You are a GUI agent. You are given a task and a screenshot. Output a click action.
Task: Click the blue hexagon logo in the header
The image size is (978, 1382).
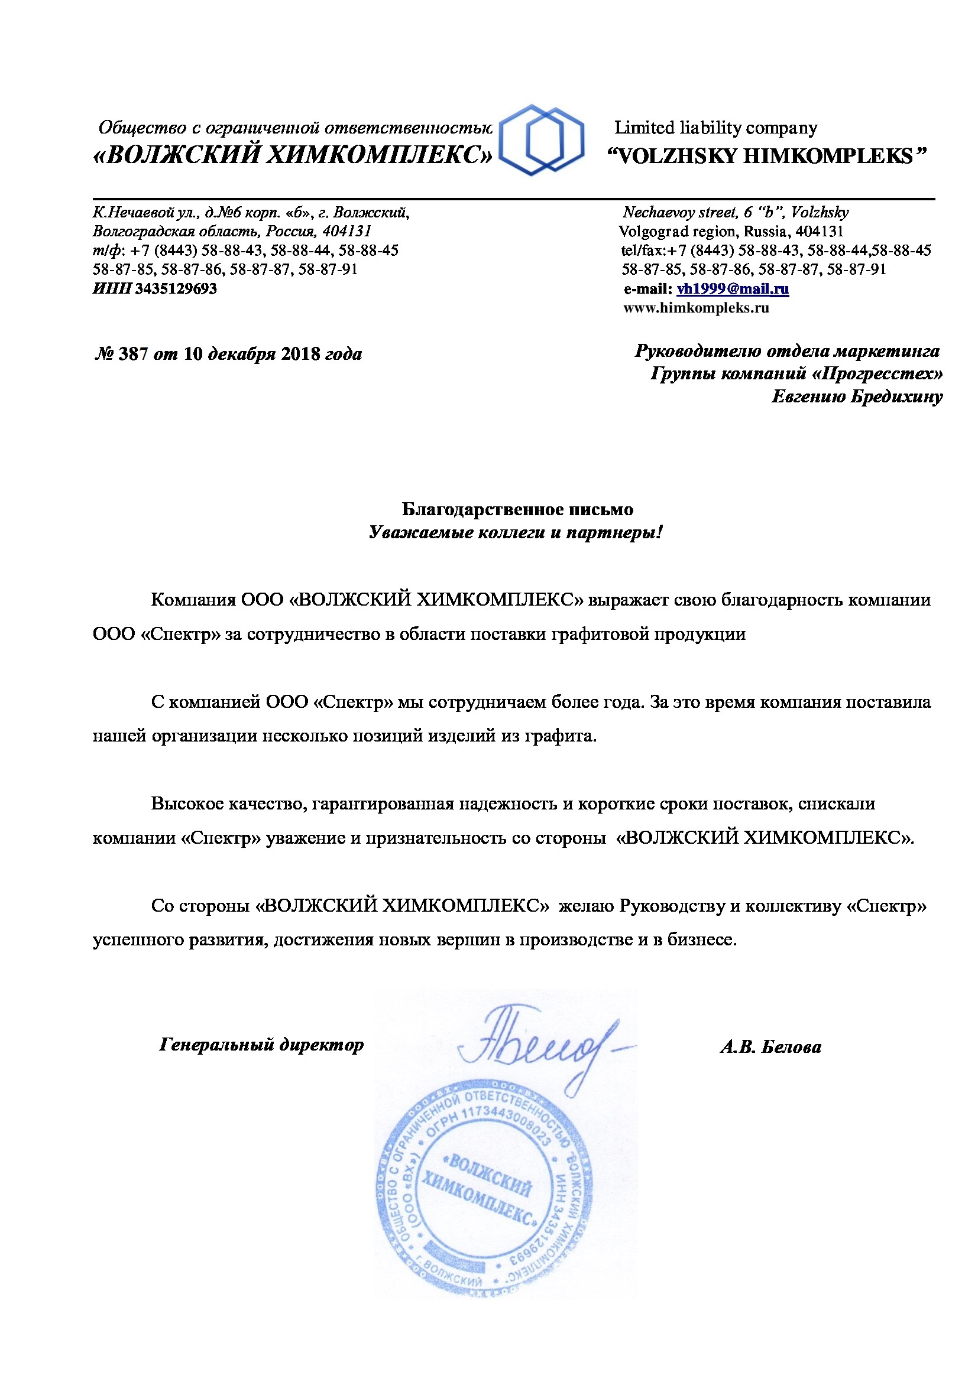tap(542, 139)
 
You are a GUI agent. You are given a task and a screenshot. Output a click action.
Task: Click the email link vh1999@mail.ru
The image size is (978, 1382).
tap(732, 289)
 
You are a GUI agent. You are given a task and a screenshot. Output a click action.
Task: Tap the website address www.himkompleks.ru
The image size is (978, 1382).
tap(696, 308)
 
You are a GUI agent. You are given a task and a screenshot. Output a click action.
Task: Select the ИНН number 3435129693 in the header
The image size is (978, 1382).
tap(175, 289)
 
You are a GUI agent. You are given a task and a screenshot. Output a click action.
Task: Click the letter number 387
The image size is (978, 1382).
tap(133, 354)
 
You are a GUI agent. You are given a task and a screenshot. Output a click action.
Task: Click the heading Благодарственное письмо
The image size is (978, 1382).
tap(517, 509)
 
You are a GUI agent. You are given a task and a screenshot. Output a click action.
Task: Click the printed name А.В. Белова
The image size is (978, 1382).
tap(770, 1048)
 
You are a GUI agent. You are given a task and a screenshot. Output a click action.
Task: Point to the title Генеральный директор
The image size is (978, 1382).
tap(261, 1044)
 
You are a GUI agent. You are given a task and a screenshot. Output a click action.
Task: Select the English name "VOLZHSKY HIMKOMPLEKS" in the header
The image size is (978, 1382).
tap(766, 157)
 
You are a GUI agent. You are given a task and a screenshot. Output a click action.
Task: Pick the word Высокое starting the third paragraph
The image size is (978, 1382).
tap(187, 804)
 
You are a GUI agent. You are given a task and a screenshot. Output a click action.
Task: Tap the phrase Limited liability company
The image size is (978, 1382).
tap(715, 128)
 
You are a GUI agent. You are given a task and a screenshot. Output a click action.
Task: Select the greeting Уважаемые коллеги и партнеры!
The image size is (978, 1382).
tap(516, 533)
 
